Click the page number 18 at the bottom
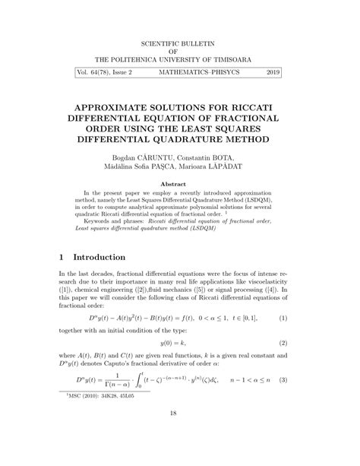click(179, 433)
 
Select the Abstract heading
click(179, 184)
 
